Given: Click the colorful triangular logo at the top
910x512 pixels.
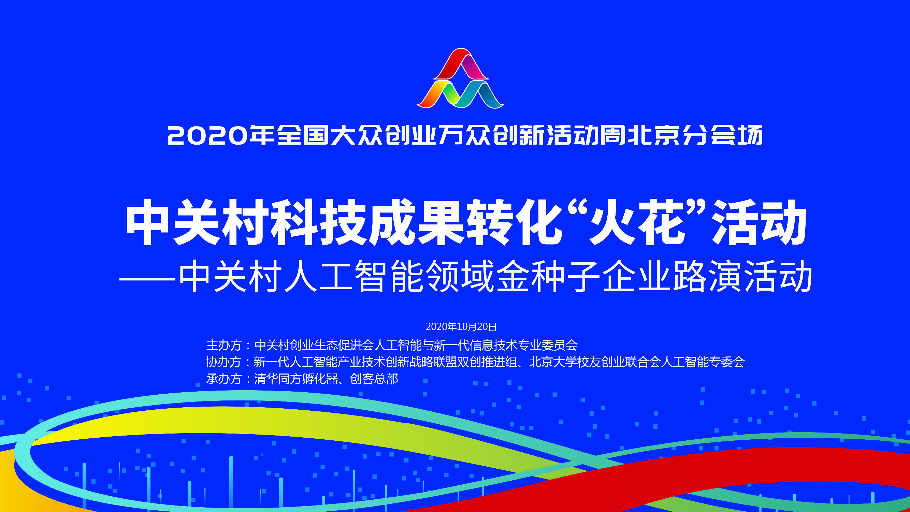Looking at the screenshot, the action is point(460,78).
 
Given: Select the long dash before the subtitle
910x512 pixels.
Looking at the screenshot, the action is point(148,279).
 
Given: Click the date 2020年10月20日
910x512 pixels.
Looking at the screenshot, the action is point(461,327).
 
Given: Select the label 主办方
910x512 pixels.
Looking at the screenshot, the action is point(223,345).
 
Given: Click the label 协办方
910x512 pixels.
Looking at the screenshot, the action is point(223,362).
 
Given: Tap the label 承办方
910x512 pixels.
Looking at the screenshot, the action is point(223,379).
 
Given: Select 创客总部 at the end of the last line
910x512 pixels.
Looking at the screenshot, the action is point(374,379).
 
